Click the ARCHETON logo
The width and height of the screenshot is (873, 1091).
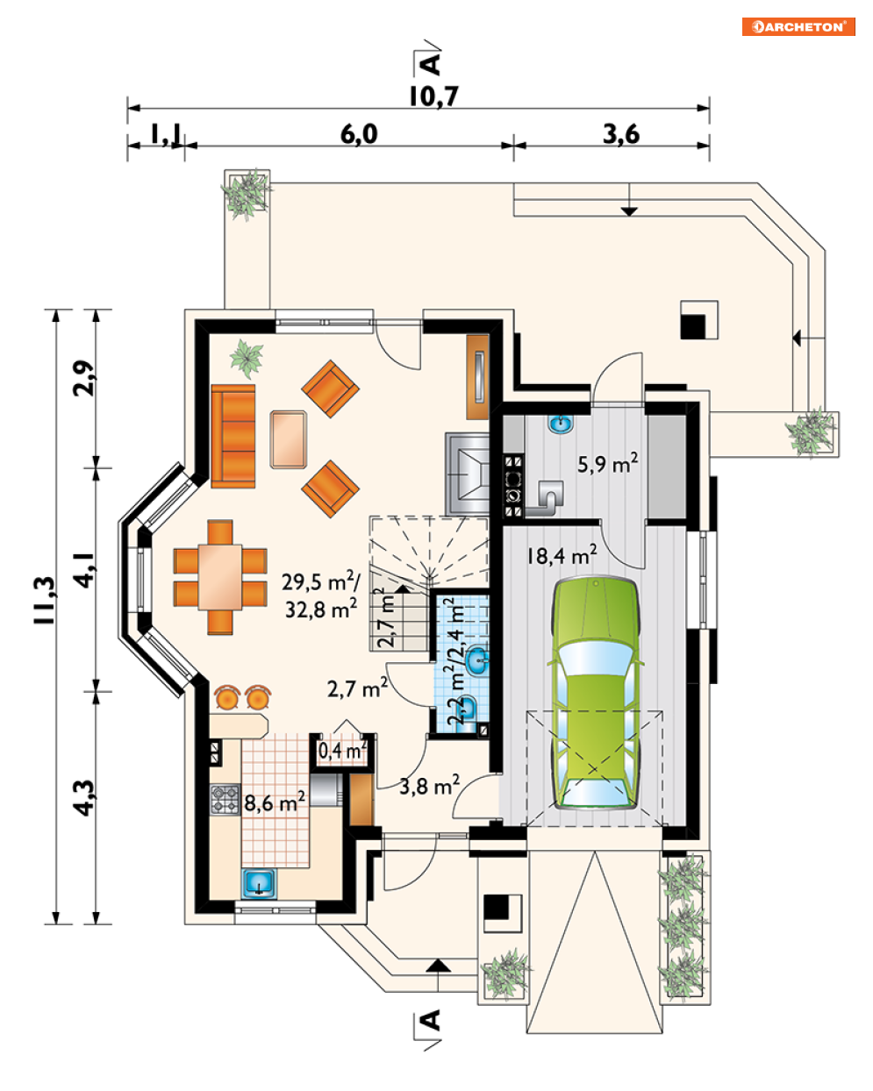click(x=798, y=26)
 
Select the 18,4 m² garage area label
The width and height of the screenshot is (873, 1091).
click(x=562, y=556)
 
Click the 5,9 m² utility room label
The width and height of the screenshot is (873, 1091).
click(x=607, y=463)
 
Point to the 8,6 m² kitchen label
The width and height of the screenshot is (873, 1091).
click(x=275, y=802)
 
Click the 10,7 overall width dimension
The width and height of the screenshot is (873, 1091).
click(x=433, y=96)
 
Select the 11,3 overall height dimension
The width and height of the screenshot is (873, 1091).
click(x=45, y=600)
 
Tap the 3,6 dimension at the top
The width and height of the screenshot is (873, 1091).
click(x=621, y=134)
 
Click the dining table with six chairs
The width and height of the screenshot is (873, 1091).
click(x=220, y=577)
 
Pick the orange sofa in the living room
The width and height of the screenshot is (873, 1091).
click(x=233, y=437)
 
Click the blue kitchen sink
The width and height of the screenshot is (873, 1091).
click(x=259, y=883)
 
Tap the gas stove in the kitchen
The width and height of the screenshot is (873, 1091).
click(x=225, y=800)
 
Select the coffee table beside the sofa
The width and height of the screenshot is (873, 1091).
click(x=288, y=439)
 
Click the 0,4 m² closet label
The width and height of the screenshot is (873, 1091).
click(x=342, y=752)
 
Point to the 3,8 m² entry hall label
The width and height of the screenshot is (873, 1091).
click(x=429, y=786)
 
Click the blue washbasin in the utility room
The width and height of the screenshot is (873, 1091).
click(x=561, y=424)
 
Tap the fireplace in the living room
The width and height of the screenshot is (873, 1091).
click(x=467, y=474)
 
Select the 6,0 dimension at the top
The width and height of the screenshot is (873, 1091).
click(x=359, y=134)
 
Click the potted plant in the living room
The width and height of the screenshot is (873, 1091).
click(x=247, y=359)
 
